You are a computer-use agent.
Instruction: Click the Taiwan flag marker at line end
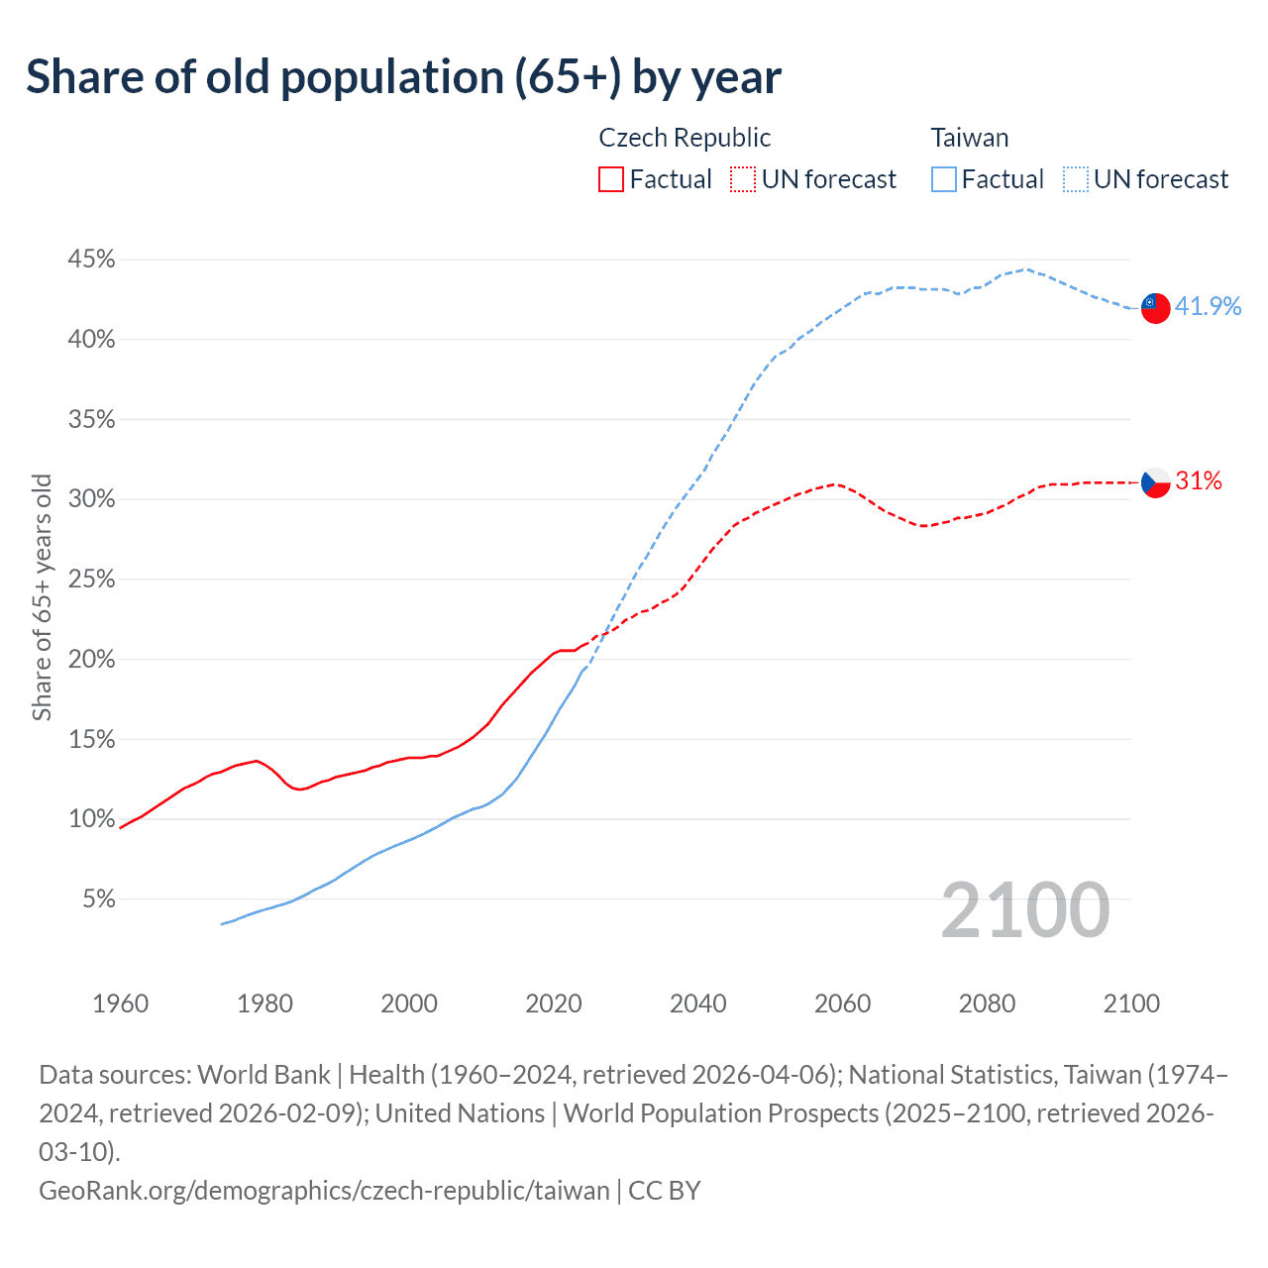pos(1155,307)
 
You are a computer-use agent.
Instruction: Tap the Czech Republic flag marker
pos(1155,482)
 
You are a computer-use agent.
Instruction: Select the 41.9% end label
pos(1208,306)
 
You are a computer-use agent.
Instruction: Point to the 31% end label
pos(1199,481)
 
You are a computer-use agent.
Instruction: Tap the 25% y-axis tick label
pos(92,580)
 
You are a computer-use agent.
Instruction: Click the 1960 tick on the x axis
pos(121,1004)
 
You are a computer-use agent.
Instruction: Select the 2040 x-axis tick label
pos(698,1004)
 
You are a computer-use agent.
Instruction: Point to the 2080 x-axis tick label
pos(987,1004)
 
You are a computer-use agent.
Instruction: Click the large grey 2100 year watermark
pos(1024,909)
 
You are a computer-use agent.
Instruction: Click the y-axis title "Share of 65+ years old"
pos(42,597)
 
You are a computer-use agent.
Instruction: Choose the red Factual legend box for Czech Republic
pos(611,179)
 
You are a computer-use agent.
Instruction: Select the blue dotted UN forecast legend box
pos(1076,179)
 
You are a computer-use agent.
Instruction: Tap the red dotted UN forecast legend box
pos(743,179)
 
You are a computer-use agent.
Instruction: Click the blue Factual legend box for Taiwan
pos(944,179)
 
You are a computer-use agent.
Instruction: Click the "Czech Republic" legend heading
pos(685,138)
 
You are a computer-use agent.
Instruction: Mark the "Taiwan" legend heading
pos(970,138)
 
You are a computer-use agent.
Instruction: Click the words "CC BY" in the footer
pos(665,1190)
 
